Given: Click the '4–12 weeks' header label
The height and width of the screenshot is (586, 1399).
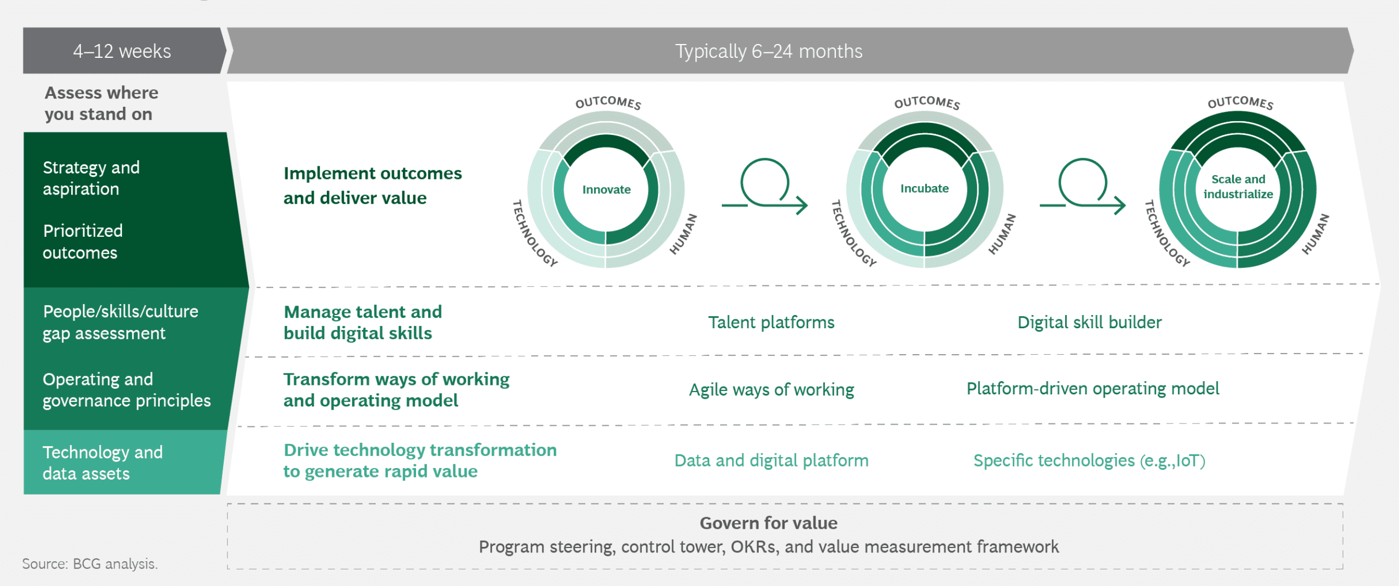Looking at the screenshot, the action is click(x=122, y=51).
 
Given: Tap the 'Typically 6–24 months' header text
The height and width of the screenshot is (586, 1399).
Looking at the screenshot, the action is click(x=769, y=51).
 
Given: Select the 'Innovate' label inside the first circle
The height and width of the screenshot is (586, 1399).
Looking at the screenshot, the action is click(x=606, y=189).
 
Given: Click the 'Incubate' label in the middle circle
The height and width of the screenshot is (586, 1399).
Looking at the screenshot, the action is click(x=924, y=188).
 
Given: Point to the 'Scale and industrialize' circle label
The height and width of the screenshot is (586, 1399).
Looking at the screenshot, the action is click(x=1238, y=187).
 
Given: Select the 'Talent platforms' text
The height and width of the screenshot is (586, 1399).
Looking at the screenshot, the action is click(x=771, y=322).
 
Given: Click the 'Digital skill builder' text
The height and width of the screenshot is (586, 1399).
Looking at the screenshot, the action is click(x=1089, y=322).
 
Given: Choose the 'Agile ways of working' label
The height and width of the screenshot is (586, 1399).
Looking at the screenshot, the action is click(x=771, y=390).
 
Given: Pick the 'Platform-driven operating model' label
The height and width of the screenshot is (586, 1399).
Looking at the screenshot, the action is click(x=1093, y=389).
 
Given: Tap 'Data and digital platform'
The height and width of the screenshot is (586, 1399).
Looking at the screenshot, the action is click(x=771, y=460).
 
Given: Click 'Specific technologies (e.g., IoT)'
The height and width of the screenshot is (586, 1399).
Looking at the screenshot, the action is click(x=1089, y=460).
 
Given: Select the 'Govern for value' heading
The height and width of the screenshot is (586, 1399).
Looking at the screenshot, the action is click(x=768, y=523).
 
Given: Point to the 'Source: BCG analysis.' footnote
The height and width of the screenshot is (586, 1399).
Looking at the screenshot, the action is click(x=90, y=563).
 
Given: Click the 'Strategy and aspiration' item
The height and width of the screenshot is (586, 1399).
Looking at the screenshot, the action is click(x=91, y=178).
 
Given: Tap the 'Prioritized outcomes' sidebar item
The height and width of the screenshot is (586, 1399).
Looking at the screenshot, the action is click(x=83, y=242).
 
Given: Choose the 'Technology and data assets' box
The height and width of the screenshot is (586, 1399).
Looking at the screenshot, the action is click(x=122, y=462).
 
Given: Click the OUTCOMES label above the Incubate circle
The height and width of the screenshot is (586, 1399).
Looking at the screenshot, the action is click(x=927, y=102).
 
